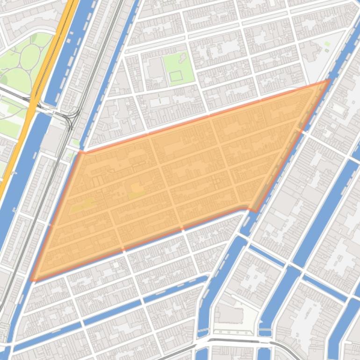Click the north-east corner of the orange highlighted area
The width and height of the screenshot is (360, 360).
tap(329, 80)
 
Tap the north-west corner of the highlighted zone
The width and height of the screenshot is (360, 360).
tap(80, 151)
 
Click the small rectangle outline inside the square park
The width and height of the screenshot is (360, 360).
tap(175, 76)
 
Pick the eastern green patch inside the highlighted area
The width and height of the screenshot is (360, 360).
tap(137, 189)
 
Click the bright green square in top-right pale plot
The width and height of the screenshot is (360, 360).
tap(327, 44)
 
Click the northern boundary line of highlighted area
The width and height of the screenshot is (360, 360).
tap(206, 116)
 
